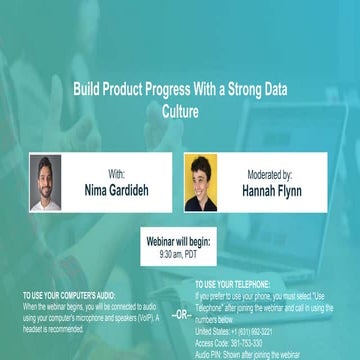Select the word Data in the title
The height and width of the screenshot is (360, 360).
[270, 88]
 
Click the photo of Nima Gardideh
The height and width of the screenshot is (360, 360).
[45, 182]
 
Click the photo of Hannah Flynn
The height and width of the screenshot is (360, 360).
[200, 182]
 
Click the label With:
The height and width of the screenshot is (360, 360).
[116, 174]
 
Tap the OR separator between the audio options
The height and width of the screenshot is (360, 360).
[181, 313]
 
